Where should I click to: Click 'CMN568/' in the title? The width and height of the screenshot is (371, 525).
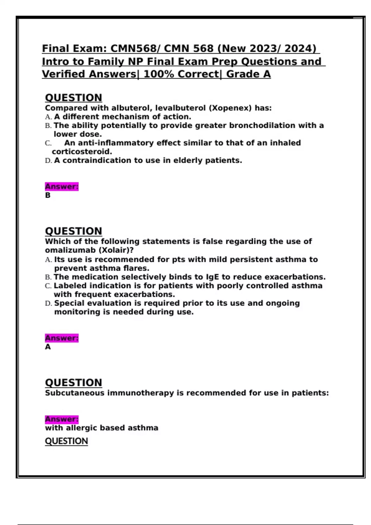[x=136, y=48]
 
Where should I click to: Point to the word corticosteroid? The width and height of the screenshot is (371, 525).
[x=82, y=152]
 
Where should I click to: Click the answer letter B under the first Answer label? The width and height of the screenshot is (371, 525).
[x=48, y=195]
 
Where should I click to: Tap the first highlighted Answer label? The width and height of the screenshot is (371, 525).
[x=62, y=187]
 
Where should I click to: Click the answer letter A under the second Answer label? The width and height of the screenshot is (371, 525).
[x=48, y=347]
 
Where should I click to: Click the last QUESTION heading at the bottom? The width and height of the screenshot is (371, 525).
[x=66, y=441]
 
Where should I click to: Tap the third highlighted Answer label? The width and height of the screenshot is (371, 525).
[x=62, y=419]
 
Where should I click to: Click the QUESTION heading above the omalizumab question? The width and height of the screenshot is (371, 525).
[x=73, y=231]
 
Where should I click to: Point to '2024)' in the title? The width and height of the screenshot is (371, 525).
[x=300, y=48]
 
